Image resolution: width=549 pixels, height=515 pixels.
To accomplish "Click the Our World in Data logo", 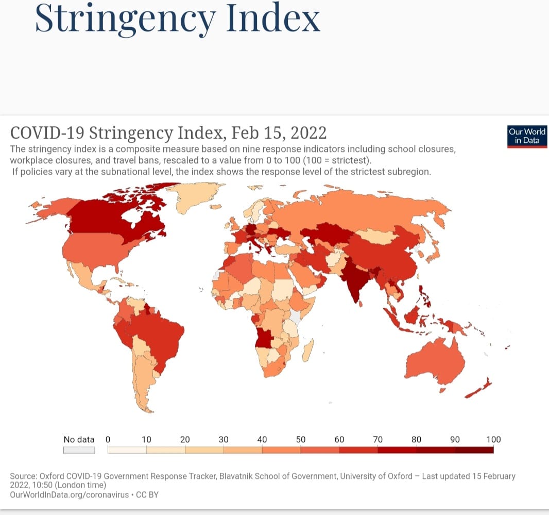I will pyautogui.click(x=527, y=136).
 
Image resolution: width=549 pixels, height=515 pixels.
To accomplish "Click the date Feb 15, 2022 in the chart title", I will pyautogui.click(x=279, y=132).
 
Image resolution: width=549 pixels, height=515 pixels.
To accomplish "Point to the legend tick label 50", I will pyautogui.click(x=301, y=440).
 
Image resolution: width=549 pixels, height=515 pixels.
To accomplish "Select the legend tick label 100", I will pyautogui.click(x=493, y=440).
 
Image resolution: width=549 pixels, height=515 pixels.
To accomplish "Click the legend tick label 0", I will pyautogui.click(x=108, y=440).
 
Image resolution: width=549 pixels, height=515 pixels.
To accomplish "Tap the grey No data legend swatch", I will pyautogui.click(x=79, y=450).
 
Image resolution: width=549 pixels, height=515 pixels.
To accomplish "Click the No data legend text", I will pyautogui.click(x=79, y=440).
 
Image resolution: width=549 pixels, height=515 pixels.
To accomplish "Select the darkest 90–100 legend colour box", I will pyautogui.click(x=474, y=450).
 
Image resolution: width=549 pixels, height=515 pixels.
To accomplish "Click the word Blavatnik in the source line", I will pyautogui.click(x=239, y=476).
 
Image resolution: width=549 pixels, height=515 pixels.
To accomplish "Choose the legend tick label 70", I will pyautogui.click(x=378, y=440).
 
